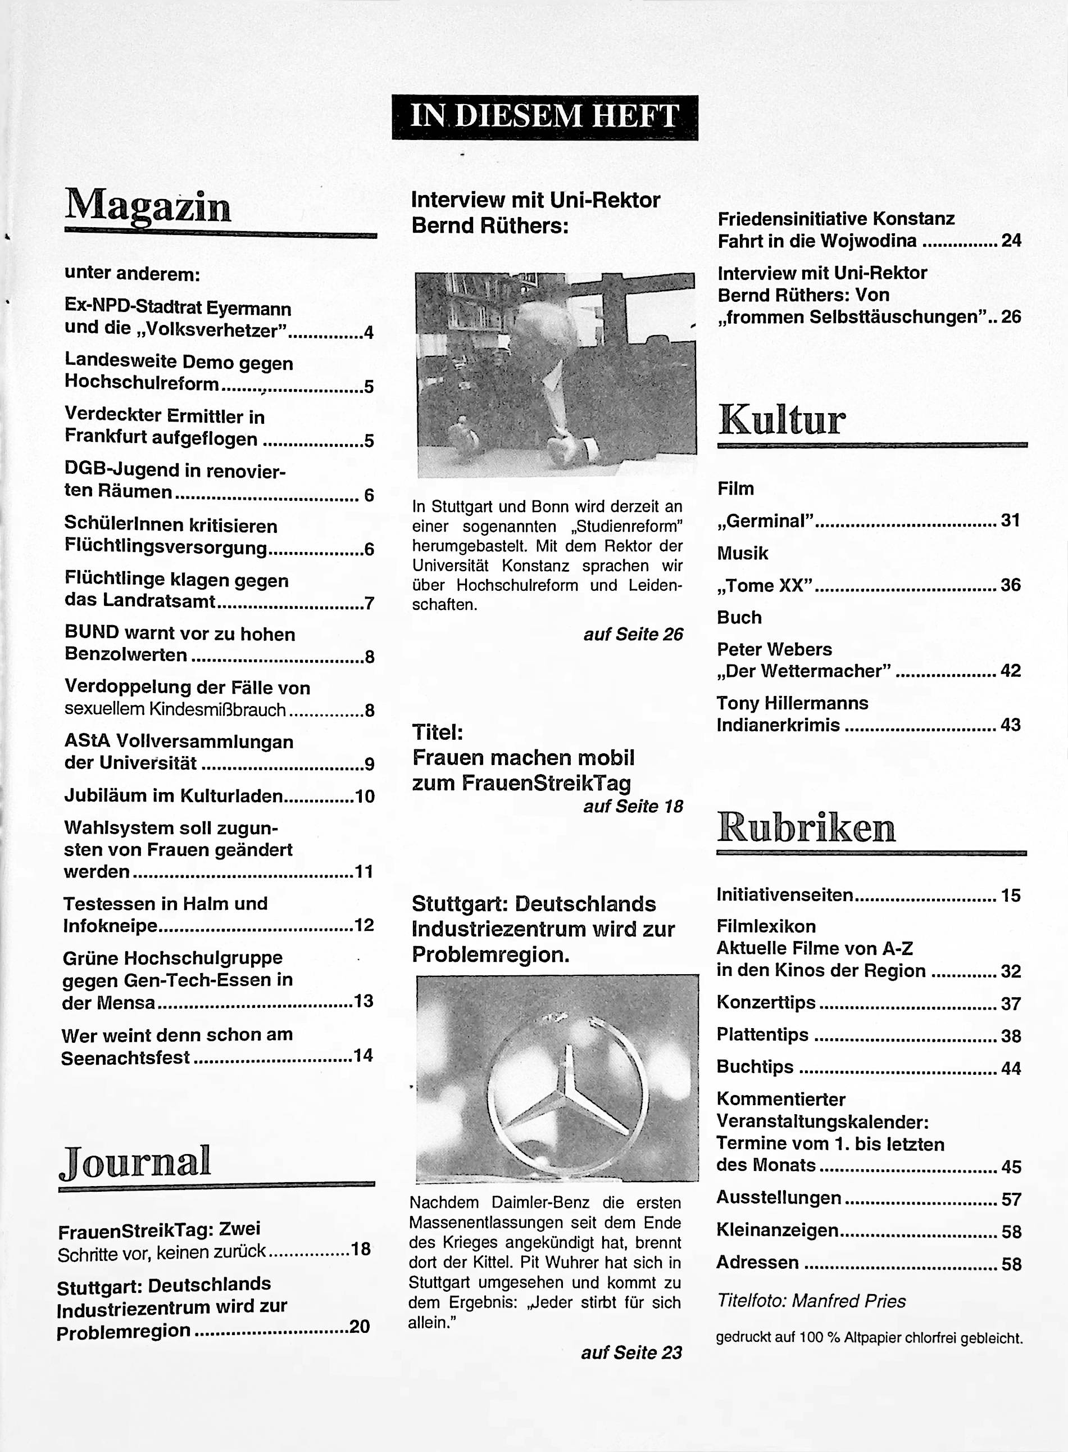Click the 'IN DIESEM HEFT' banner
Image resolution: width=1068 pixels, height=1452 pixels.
click(x=544, y=117)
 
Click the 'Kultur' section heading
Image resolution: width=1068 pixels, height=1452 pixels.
click(x=781, y=420)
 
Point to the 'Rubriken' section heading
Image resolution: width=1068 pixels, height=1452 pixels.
click(x=806, y=827)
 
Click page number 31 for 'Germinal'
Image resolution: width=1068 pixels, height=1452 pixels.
click(x=1010, y=520)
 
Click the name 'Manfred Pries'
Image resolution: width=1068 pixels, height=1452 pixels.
click(x=849, y=1301)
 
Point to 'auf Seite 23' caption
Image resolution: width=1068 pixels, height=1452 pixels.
click(x=631, y=1353)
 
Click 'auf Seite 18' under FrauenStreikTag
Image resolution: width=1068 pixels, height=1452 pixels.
click(x=633, y=807)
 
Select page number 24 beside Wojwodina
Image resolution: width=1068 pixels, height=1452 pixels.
click(x=1011, y=241)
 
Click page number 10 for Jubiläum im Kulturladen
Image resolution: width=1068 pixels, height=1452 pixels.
click(x=365, y=796)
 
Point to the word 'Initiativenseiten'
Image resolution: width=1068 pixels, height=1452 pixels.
click(x=785, y=895)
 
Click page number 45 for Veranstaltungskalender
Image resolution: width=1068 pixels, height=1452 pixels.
click(x=1011, y=1167)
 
